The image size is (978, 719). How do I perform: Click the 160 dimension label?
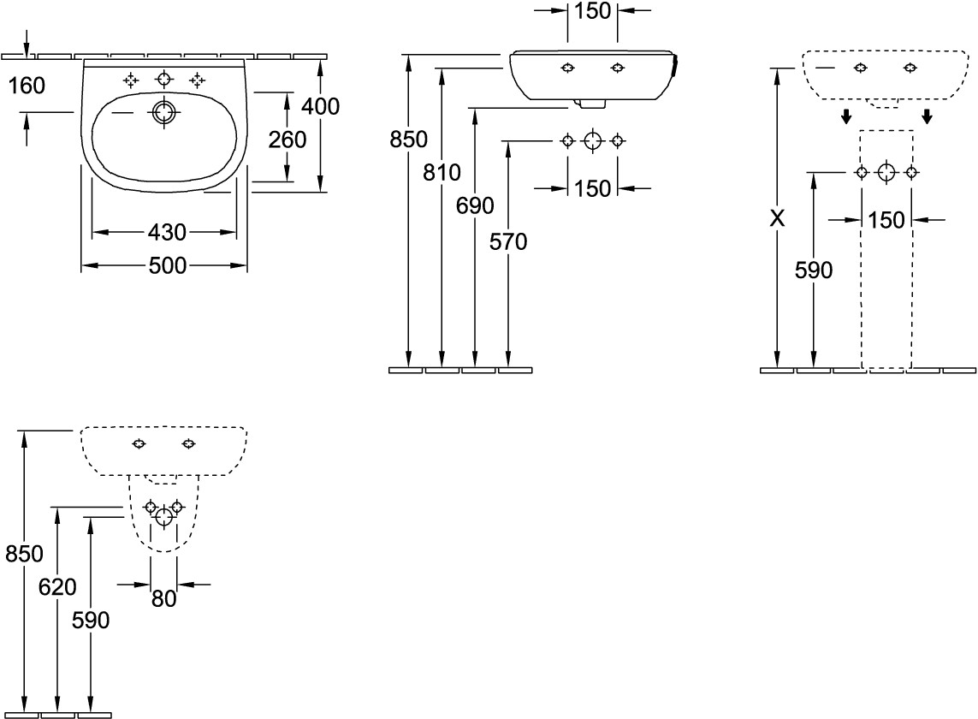click(x=27, y=85)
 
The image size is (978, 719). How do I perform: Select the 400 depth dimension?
click(x=320, y=106)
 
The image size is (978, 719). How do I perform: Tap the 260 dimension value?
click(x=287, y=139)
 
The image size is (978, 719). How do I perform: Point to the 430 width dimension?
click(x=167, y=232)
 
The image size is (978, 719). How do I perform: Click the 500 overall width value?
click(x=167, y=266)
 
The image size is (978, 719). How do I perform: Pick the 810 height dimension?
click(x=442, y=173)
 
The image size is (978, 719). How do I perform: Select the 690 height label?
click(x=476, y=205)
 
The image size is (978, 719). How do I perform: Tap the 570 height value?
click(x=508, y=242)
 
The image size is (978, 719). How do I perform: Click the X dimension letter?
click(x=777, y=219)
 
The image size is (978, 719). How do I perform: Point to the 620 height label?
click(x=57, y=587)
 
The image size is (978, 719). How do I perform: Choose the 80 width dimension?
click(x=163, y=599)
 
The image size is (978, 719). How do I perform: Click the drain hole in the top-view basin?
click(x=163, y=112)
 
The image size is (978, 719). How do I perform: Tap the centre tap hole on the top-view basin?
click(x=163, y=80)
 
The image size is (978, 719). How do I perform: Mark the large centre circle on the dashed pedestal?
click(x=886, y=173)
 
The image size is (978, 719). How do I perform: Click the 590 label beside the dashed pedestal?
click(x=813, y=270)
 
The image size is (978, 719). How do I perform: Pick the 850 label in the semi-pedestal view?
click(x=24, y=554)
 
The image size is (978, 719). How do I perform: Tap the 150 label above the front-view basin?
click(x=592, y=11)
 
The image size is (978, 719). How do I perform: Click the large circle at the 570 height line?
click(x=592, y=141)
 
